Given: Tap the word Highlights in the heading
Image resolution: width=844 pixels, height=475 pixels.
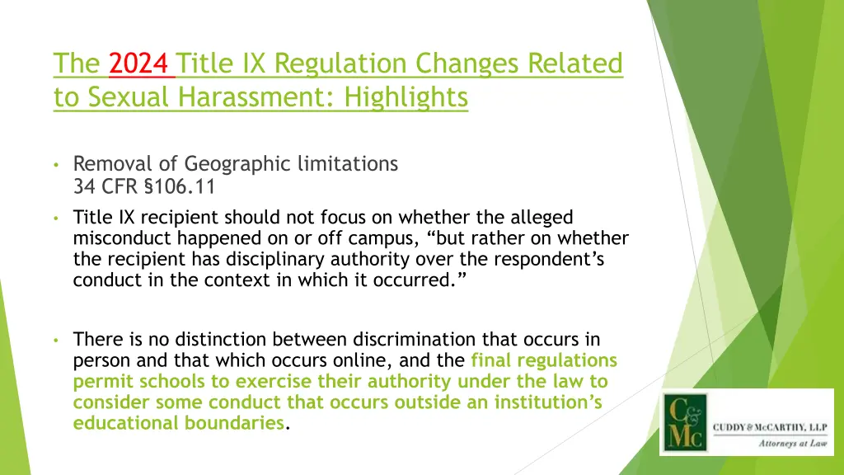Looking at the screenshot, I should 406,97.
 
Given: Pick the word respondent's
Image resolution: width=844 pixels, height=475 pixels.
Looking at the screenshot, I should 563,261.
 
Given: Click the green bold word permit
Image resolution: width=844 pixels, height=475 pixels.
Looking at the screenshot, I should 96,382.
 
